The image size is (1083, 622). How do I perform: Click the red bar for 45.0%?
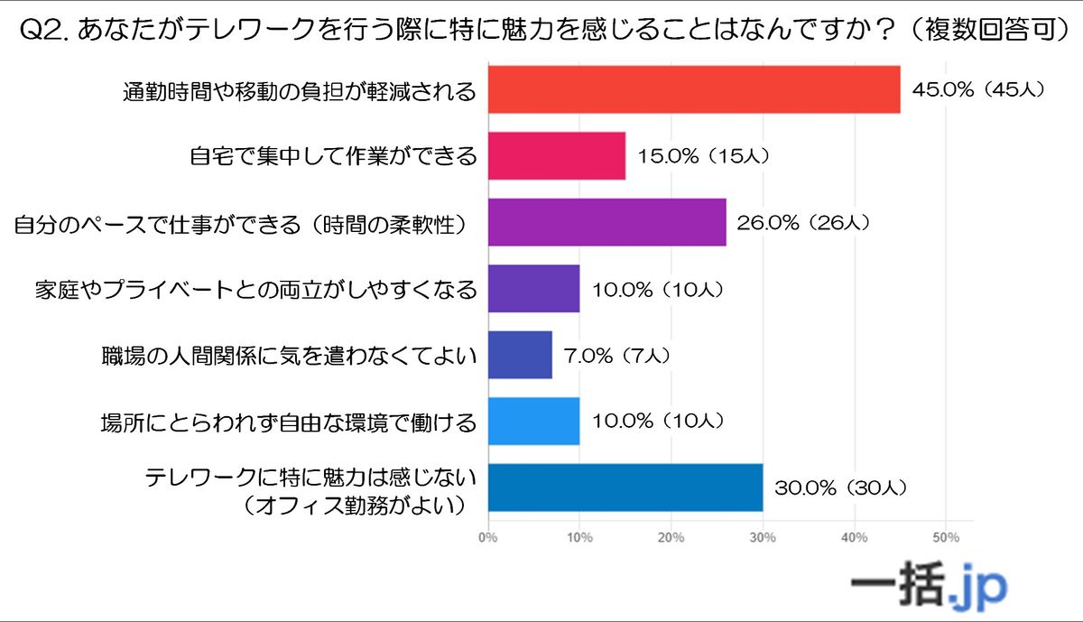(694, 89)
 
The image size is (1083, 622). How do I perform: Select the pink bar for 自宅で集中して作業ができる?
(557, 155)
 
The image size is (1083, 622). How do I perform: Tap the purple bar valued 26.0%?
(607, 222)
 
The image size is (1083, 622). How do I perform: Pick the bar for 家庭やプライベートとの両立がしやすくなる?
(534, 288)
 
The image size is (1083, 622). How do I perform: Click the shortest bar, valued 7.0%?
(520, 355)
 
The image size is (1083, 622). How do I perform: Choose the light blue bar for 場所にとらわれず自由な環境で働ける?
(534, 421)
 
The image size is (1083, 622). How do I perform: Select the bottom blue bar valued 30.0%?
(625, 487)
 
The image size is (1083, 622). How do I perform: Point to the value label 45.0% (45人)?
(978, 90)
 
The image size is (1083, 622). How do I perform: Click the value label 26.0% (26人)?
(803, 223)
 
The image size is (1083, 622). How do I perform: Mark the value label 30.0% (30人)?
(839, 488)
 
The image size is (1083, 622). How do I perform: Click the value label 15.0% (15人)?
(703, 156)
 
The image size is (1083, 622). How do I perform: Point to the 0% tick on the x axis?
(488, 538)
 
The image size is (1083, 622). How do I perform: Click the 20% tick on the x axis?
(671, 538)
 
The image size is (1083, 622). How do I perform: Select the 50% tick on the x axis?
(945, 538)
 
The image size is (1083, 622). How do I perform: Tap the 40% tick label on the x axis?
(854, 538)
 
